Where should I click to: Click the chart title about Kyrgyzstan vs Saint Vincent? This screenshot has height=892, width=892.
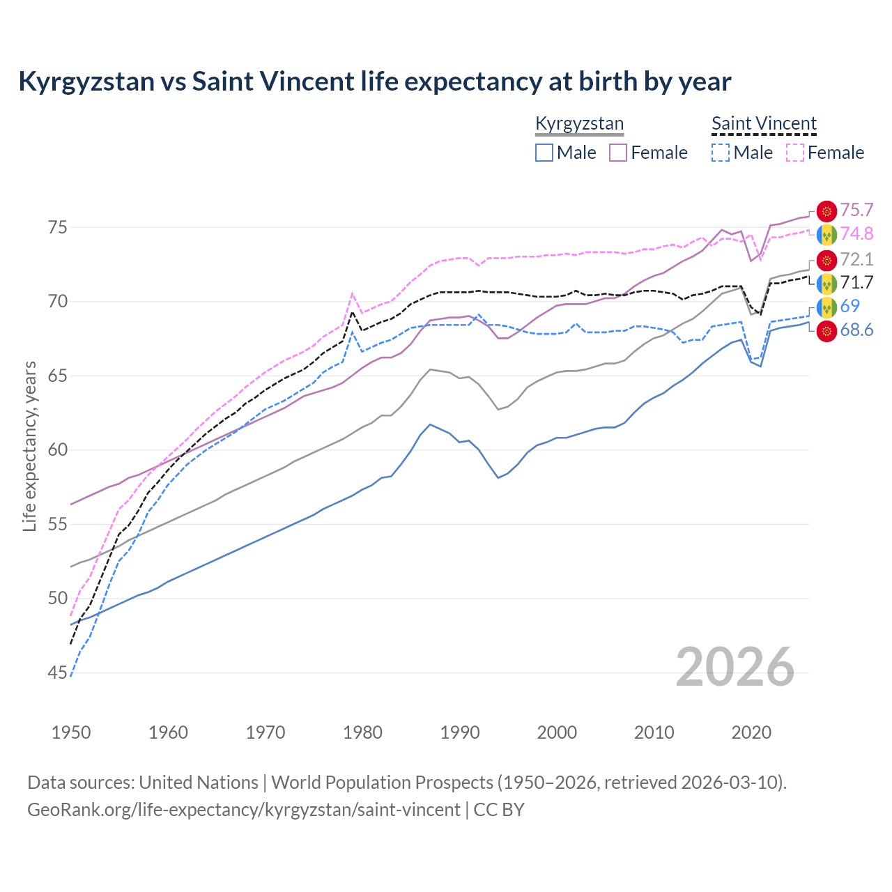point(374,82)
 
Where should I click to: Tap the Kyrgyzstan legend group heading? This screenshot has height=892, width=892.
point(579,124)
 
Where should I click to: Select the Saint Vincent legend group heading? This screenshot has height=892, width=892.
point(764,124)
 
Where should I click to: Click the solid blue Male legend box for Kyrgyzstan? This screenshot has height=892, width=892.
point(544,153)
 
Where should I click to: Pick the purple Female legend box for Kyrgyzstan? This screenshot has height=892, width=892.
point(618,153)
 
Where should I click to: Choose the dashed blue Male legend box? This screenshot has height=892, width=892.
point(721,153)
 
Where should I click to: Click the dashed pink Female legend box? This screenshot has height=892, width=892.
point(794,153)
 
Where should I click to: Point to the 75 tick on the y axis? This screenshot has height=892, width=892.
point(58,228)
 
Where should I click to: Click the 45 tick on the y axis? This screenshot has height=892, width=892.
point(58,672)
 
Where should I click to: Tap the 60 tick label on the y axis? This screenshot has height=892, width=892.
point(58,450)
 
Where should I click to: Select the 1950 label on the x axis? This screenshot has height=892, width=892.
point(71,732)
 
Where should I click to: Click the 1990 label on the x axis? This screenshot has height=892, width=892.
point(460,732)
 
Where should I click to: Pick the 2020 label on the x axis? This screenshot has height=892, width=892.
point(751,732)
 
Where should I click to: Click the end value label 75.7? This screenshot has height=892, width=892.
point(856,210)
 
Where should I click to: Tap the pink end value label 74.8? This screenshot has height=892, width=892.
point(856,233)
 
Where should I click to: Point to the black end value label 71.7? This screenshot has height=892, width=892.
point(856,282)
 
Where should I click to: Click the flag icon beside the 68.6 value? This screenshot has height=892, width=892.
point(826,330)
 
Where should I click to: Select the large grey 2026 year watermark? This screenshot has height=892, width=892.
point(735,667)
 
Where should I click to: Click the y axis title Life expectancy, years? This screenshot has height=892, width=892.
point(29,446)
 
